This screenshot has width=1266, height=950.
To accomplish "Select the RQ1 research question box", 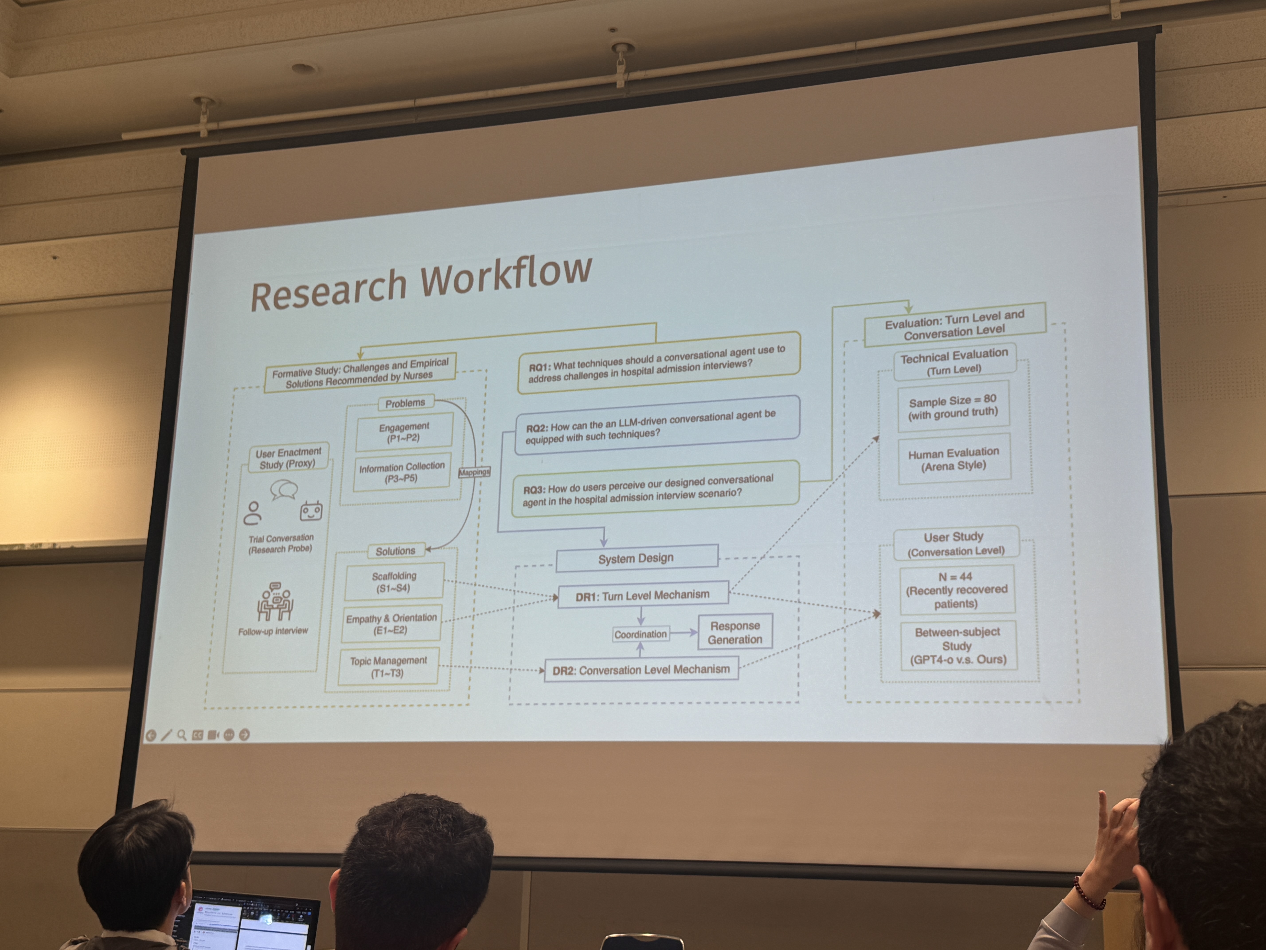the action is pos(658,363).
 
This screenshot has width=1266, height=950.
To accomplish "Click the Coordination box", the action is pos(641,634).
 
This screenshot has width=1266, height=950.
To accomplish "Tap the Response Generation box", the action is pos(735,632).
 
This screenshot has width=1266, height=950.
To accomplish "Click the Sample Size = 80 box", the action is pos(953,406).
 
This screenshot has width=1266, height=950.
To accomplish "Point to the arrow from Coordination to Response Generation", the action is pos(683,633).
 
